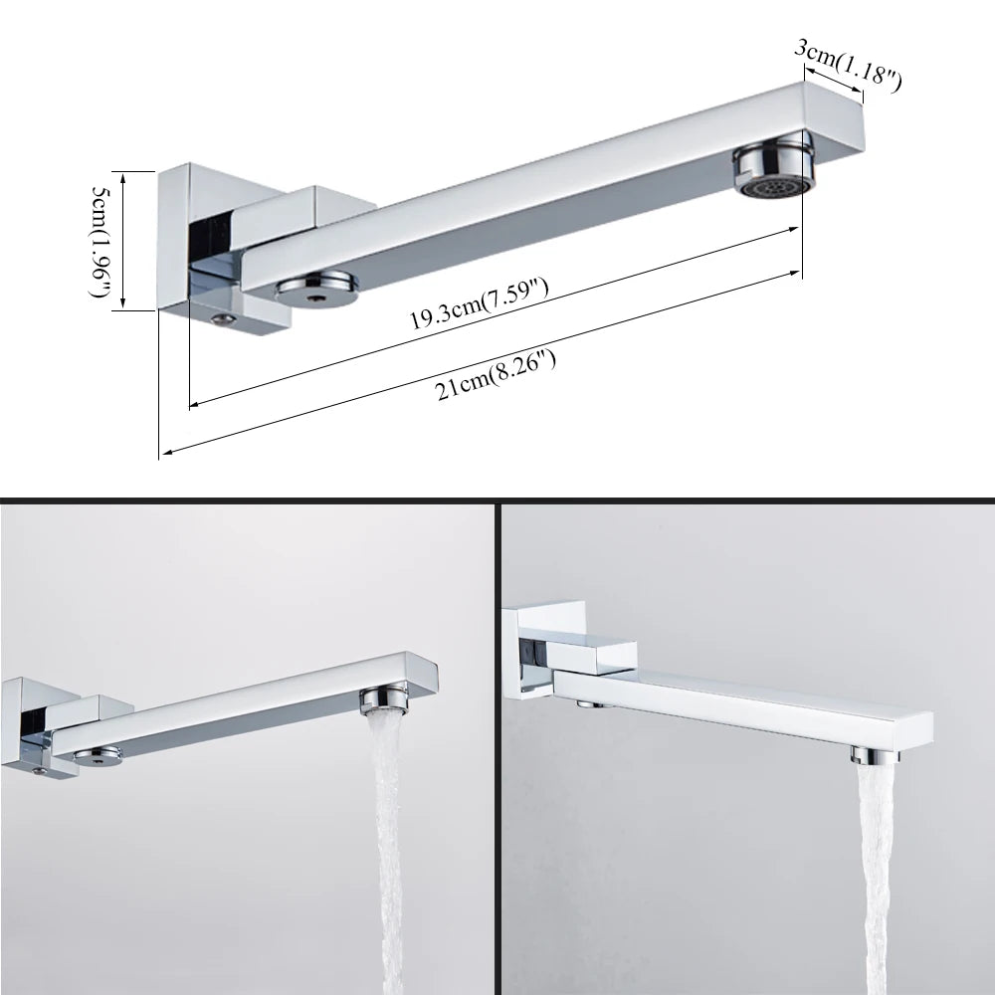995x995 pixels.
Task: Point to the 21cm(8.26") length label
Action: [x=496, y=373]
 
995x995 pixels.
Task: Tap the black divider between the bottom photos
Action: [x=497, y=746]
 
